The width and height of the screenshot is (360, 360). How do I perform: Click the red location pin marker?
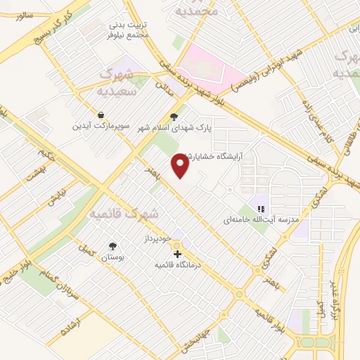pos(180,166)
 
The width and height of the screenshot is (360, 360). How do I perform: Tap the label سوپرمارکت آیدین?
pos(103,126)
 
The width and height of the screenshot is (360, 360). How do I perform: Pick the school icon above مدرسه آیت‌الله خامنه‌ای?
pos(260,209)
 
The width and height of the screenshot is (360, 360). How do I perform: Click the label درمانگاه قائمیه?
pos(178,265)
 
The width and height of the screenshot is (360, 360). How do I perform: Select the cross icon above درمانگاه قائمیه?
pos(178,255)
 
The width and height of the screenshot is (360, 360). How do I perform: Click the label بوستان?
pos(112,257)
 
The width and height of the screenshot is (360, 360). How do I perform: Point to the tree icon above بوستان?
pos(112,246)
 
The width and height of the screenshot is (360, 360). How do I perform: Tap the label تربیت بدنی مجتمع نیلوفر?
pos(127,30)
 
